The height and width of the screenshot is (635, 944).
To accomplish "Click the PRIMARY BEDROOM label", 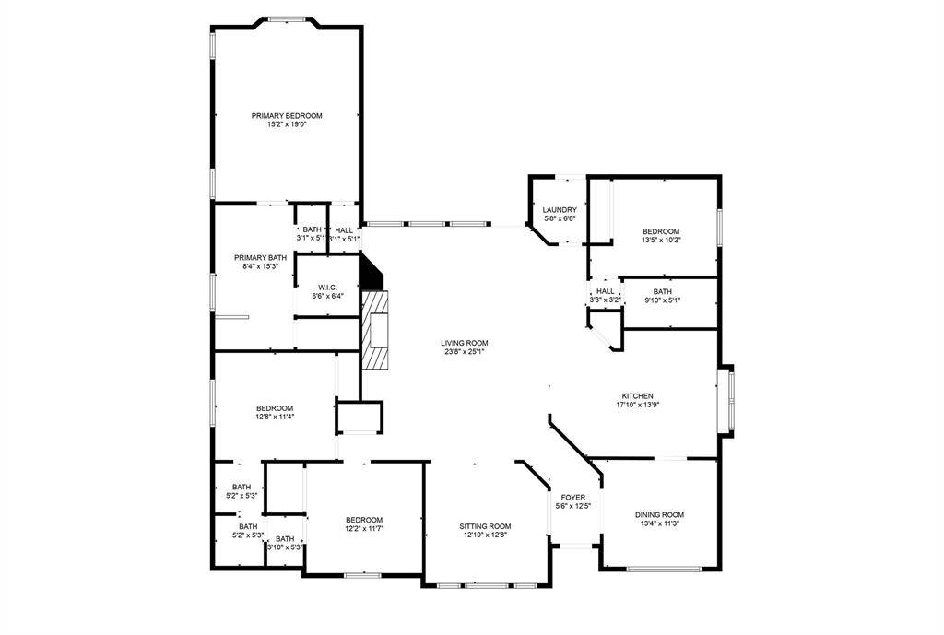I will point(287,115).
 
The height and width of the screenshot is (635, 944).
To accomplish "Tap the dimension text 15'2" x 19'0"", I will point(287,124).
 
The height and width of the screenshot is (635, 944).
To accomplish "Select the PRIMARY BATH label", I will point(261,257).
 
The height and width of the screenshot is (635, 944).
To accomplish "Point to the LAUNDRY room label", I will point(560,210).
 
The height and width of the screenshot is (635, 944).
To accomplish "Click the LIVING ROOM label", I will point(464,342).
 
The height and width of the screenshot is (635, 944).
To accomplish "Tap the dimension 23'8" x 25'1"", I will point(464,351).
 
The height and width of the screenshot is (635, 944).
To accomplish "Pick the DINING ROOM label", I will point(659,514).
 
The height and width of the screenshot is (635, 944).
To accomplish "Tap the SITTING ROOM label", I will point(485,525).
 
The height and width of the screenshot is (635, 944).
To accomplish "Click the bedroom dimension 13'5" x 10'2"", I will point(661,240).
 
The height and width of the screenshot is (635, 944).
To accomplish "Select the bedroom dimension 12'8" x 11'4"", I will point(275,417).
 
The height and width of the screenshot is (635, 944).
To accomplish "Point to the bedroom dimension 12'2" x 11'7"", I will point(364,528).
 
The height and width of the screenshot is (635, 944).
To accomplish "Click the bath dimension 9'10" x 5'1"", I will point(663,300).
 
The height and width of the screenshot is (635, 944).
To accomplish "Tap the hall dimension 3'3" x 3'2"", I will point(605,300).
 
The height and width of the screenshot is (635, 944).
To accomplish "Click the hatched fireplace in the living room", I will point(376,329).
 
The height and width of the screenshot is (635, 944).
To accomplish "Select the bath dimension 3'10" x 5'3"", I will point(285,547).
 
